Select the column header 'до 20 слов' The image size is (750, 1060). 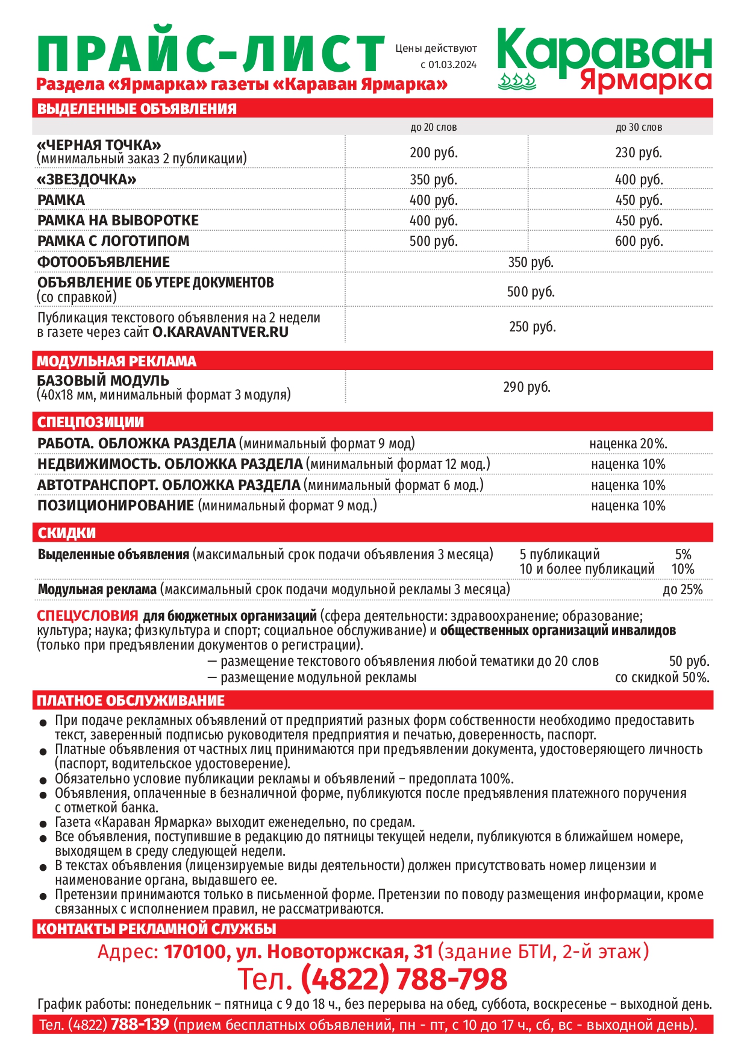tap(434, 127)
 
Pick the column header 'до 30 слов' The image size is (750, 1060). tap(639, 127)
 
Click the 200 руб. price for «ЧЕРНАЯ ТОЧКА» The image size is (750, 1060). tap(434, 152)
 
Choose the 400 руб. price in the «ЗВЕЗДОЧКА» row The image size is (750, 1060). tap(639, 180)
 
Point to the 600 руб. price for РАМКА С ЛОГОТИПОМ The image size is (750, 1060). tap(639, 241)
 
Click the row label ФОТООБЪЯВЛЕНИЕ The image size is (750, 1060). tap(104, 262)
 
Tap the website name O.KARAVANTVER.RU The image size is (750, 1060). tap(220, 332)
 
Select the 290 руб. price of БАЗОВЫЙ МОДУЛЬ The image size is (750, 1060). tap(527, 387)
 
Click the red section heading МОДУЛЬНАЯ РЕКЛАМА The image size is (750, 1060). tap(117, 361)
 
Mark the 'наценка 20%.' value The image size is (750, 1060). tap(628, 444)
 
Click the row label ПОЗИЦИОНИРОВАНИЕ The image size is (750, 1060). tap(116, 506)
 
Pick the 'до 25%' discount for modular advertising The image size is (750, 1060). tap(683, 589)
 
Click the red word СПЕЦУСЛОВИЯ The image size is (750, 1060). tap(87, 616)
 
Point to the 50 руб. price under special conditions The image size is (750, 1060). tap(689, 662)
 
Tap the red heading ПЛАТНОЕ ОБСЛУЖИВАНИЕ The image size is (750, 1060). tap(131, 700)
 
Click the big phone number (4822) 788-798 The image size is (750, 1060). tap(404, 979)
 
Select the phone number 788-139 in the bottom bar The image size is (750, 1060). tap(140, 1024)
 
